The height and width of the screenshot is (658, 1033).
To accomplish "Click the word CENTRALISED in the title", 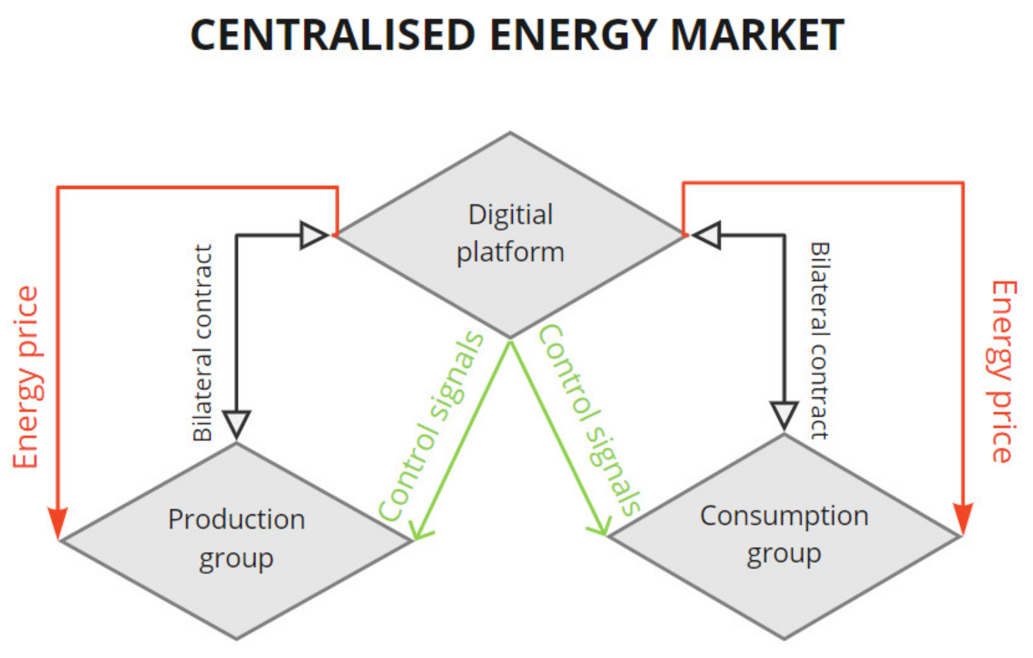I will (x=333, y=35).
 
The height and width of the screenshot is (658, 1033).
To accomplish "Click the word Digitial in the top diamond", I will (x=510, y=215).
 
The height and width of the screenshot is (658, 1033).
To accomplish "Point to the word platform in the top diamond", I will (x=510, y=252).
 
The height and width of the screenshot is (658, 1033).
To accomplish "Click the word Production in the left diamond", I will (x=236, y=519).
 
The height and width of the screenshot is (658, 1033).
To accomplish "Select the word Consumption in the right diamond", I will (x=784, y=516).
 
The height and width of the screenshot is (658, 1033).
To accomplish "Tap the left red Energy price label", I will (x=26, y=377).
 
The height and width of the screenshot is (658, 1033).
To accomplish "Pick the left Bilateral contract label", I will (x=203, y=343).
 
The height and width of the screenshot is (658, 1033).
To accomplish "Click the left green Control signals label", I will (x=430, y=426).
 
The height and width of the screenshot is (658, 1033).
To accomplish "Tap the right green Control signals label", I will (x=590, y=420).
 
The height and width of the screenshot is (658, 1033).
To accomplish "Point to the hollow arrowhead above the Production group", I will (x=236, y=423).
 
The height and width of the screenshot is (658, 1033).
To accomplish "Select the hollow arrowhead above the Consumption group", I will (x=784, y=414).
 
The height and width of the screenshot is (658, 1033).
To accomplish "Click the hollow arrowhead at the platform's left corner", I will (x=313, y=235).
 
